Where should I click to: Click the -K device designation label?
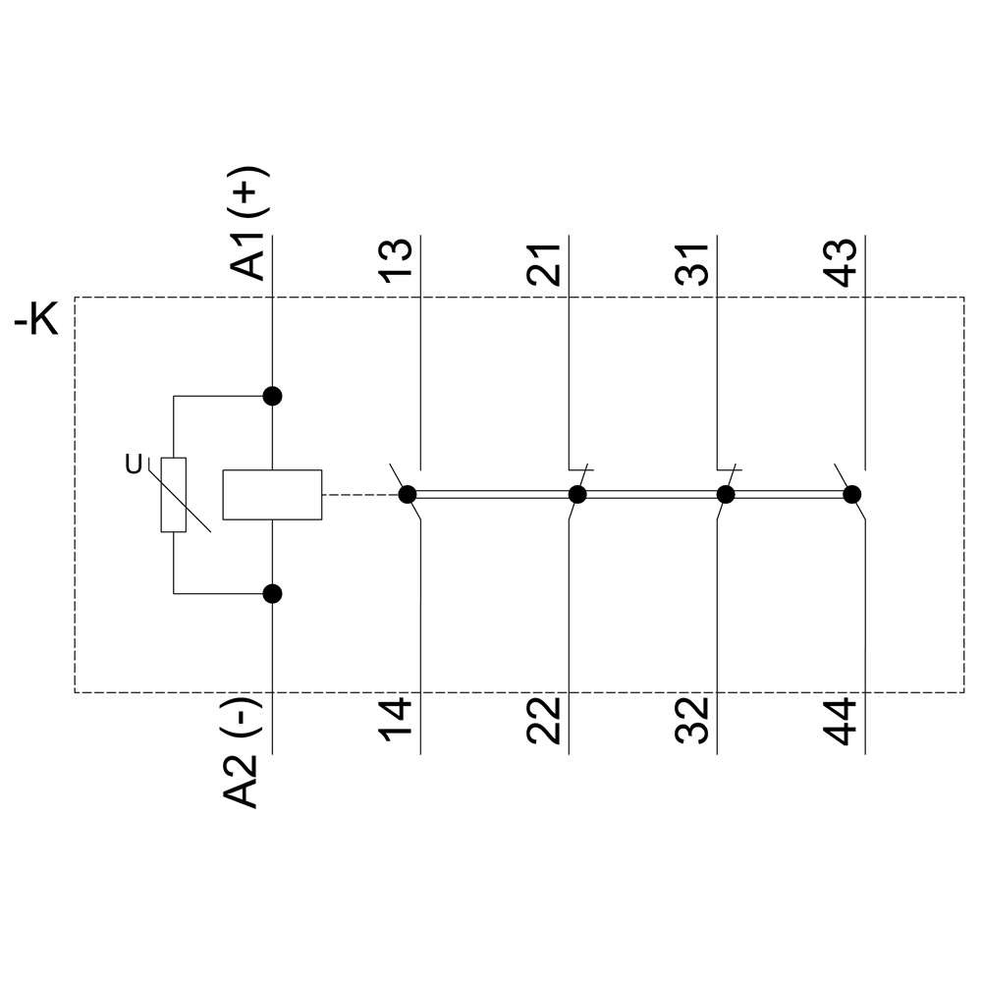[36, 320]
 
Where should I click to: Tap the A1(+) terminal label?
[248, 224]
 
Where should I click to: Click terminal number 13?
[398, 260]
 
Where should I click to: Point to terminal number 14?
[398, 721]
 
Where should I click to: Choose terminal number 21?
[545, 261]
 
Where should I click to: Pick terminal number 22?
[545, 721]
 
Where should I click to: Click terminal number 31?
[694, 261]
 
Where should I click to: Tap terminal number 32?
[694, 721]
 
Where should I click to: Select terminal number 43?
[843, 261]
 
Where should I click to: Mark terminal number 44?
[843, 721]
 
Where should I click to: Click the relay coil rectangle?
[272, 494]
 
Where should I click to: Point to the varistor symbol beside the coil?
[174, 495]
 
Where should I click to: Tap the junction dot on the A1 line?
[273, 396]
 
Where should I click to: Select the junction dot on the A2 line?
[273, 593]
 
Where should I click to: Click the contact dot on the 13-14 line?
[408, 494]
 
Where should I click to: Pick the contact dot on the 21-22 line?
[577, 494]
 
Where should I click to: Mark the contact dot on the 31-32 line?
[726, 494]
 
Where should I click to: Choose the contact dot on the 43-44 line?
[852, 494]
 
